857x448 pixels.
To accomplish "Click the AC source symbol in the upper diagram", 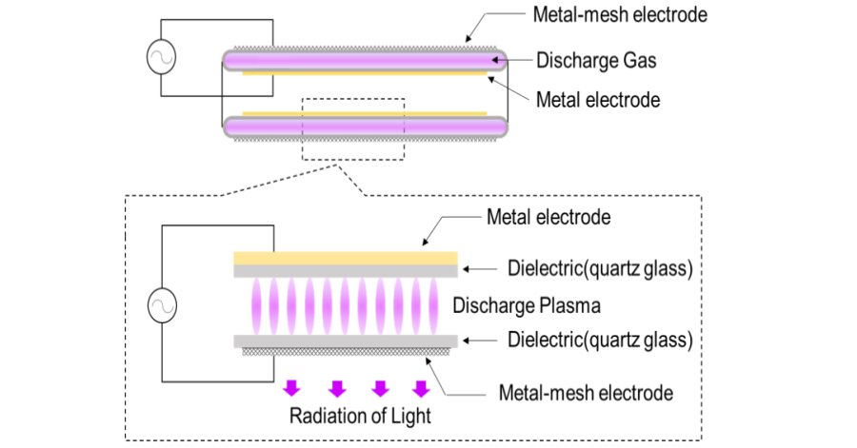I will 159,58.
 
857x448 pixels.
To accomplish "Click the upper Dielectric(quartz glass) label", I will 599,268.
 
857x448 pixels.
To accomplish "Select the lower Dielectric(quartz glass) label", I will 599,339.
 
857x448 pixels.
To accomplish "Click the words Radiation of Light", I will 360,416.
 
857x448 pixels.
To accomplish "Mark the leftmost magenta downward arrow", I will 291,387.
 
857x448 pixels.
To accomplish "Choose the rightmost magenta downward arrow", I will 420,387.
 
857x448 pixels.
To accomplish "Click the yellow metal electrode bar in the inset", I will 346,257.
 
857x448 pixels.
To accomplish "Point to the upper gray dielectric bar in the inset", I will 346,270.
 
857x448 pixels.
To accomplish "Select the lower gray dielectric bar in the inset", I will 346,340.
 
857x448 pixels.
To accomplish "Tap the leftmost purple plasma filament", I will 255,305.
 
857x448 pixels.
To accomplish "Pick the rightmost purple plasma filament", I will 438,305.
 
